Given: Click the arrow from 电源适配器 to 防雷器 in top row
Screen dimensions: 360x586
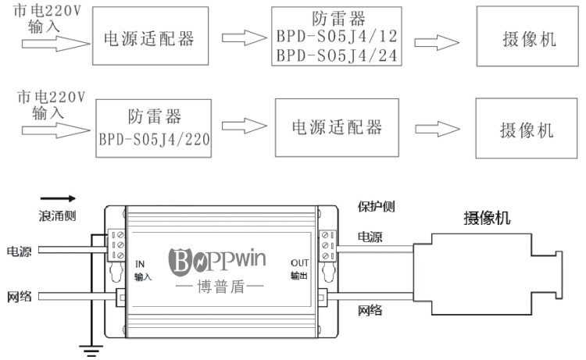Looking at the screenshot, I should (239, 37).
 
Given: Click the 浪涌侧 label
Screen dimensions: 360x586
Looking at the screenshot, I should (58, 215).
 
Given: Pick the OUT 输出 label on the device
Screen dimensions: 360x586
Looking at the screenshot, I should (300, 269).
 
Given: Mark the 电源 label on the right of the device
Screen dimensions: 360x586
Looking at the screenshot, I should (370, 237).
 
